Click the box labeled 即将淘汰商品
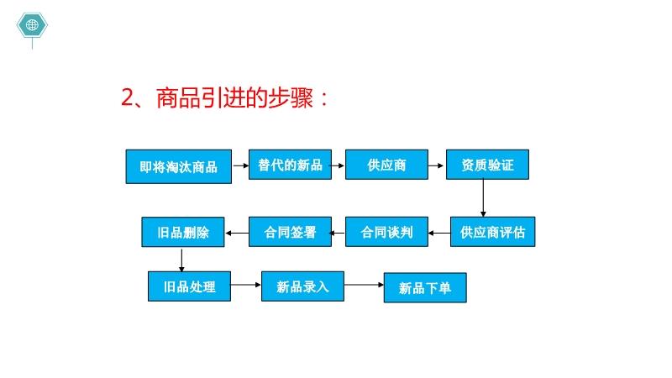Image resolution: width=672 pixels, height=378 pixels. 179,166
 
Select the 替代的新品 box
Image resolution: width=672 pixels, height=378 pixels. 290,165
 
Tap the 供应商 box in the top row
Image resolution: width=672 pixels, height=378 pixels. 386,165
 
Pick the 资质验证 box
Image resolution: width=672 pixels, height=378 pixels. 487,165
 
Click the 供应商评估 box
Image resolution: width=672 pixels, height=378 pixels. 492,232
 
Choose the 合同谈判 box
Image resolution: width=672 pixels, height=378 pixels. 386,232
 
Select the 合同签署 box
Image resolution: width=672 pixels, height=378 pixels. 290,232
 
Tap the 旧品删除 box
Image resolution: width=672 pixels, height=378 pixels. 183,233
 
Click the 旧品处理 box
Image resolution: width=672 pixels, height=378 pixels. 190,286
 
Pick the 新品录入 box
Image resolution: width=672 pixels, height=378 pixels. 302,286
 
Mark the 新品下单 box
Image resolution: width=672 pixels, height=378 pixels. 425,287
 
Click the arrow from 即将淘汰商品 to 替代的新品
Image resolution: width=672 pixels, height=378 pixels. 240,165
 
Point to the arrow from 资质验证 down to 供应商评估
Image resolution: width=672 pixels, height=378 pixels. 483,198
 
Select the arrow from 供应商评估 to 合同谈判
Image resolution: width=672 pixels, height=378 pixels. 439,234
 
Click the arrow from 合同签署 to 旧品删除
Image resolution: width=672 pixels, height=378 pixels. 237,234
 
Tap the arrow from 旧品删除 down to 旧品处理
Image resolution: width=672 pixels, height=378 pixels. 181,260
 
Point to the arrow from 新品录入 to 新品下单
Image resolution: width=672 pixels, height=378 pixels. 364,285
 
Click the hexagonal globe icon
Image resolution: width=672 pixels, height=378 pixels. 32,25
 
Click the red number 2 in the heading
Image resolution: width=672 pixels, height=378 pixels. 128,97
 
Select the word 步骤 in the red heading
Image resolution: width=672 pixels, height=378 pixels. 291,97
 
